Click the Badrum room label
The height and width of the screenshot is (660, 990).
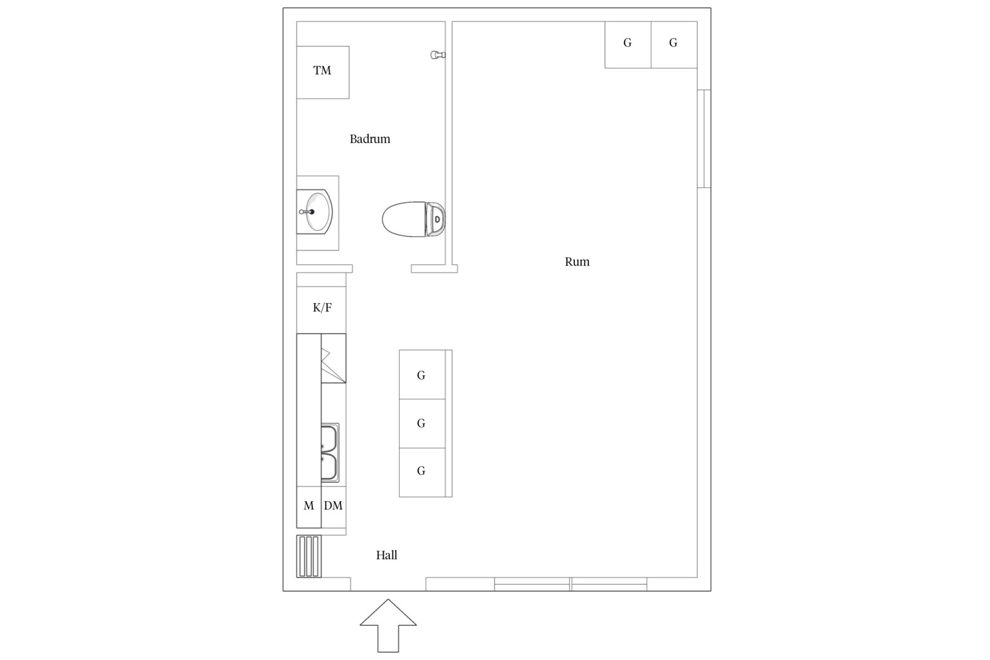point(370,139)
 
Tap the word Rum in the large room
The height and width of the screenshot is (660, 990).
point(577,262)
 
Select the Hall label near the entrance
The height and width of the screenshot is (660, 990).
point(387,555)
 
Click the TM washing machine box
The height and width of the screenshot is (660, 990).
point(323,72)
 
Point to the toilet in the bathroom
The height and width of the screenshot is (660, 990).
point(413,219)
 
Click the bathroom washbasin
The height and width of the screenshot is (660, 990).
point(314,211)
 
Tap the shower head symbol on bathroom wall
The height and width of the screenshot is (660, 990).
point(438,55)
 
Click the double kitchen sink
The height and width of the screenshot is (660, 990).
point(330,452)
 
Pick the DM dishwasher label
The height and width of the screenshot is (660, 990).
point(333,506)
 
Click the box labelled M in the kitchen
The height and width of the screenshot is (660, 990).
point(309,507)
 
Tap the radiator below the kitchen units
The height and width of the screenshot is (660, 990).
point(309,556)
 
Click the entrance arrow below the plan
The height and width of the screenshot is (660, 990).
point(388,626)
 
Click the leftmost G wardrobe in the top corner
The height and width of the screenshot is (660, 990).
point(628,45)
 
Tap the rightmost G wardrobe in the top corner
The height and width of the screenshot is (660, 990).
point(674,45)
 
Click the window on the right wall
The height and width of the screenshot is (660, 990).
point(704,138)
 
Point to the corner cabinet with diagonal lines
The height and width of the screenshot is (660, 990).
point(333,358)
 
